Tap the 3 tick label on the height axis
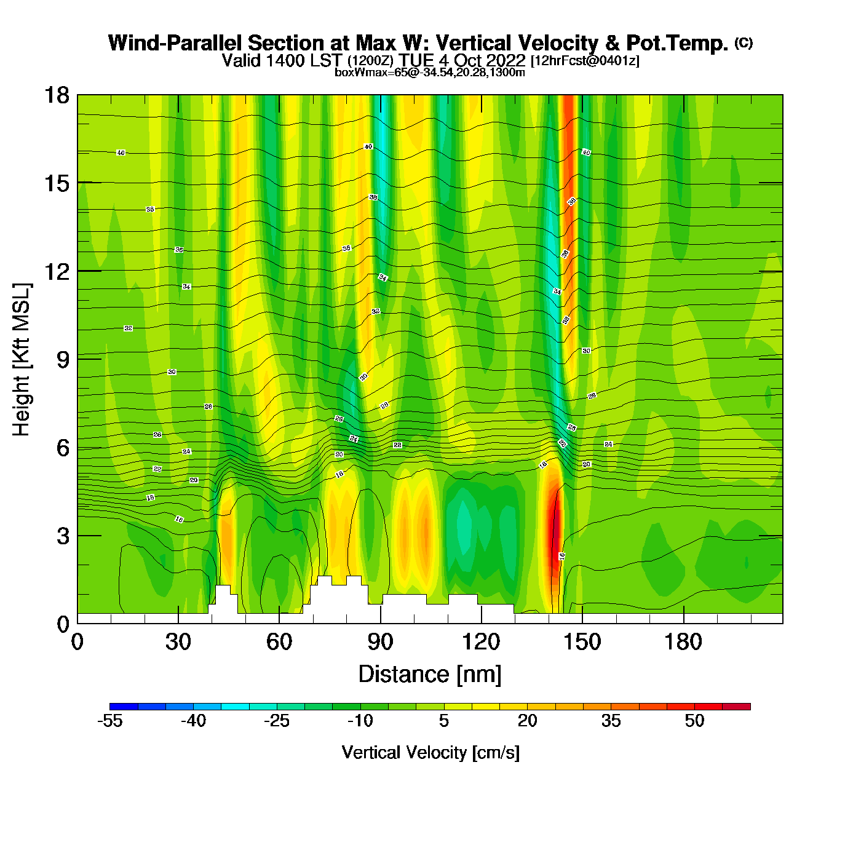click(63, 536)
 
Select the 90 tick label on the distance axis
click(380, 642)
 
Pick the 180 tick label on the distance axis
click(683, 642)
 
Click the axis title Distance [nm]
click(430, 674)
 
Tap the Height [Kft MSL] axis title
click(22, 360)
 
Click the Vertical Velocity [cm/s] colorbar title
click(430, 752)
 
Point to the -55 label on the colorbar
click(109, 721)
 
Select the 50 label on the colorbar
click(694, 721)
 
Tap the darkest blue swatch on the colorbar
click(124, 707)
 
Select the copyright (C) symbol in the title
click(744, 42)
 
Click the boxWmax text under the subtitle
click(430, 73)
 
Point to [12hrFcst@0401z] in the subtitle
click(585, 61)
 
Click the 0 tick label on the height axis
click(63, 624)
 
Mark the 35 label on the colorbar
click(611, 721)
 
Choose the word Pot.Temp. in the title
click(676, 43)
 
